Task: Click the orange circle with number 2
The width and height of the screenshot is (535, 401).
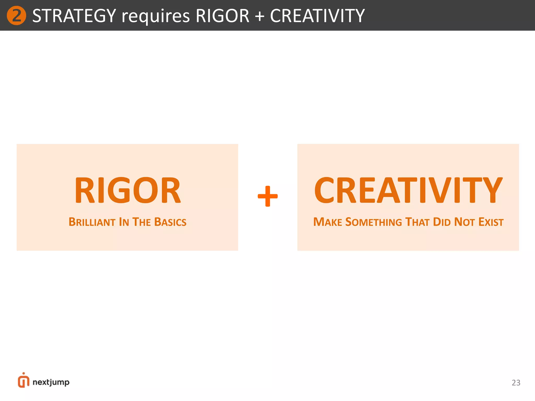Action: [16, 16]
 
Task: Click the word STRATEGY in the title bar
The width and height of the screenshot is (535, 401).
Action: [74, 16]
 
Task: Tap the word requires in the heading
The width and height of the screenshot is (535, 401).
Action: [156, 16]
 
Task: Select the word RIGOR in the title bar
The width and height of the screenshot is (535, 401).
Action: [222, 16]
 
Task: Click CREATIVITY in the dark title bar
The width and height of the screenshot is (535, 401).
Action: [317, 16]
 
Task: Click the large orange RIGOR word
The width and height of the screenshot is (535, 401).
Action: [127, 190]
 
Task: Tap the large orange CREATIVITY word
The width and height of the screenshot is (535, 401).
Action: [408, 190]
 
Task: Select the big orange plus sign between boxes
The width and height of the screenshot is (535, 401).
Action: [267, 196]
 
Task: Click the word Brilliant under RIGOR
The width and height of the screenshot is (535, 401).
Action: [92, 222]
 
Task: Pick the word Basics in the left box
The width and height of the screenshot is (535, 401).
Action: [170, 222]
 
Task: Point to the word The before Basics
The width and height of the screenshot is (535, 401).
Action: [142, 222]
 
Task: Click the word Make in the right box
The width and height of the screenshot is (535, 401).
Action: [328, 222]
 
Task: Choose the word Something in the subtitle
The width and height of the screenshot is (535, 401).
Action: [374, 222]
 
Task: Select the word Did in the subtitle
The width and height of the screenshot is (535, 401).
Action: [442, 222]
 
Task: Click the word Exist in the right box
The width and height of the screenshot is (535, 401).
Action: [491, 222]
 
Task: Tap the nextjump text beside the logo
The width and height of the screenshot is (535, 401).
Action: [51, 382]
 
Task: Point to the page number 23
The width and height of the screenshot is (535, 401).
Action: [516, 383]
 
